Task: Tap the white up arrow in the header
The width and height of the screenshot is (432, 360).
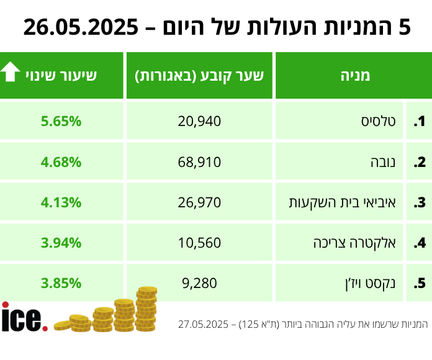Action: click(x=11, y=73)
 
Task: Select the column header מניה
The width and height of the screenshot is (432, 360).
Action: click(x=354, y=76)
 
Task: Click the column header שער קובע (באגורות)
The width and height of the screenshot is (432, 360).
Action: click(x=199, y=76)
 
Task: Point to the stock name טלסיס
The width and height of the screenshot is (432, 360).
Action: click(x=380, y=121)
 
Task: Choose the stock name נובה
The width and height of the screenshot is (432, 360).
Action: click(x=385, y=162)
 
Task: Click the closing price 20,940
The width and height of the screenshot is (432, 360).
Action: click(x=200, y=121)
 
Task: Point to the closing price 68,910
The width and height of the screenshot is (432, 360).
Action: click(x=200, y=162)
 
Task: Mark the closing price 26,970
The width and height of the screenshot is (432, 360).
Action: click(x=200, y=202)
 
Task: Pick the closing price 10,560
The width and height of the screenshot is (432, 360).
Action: click(x=200, y=243)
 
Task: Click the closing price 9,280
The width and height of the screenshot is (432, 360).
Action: click(x=200, y=284)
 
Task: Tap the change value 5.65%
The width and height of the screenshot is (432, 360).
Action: click(x=61, y=121)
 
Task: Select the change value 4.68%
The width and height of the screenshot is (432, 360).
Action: click(x=61, y=162)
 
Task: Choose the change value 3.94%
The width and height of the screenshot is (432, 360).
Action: click(x=61, y=243)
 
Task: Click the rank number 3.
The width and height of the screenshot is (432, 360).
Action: click(x=420, y=202)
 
